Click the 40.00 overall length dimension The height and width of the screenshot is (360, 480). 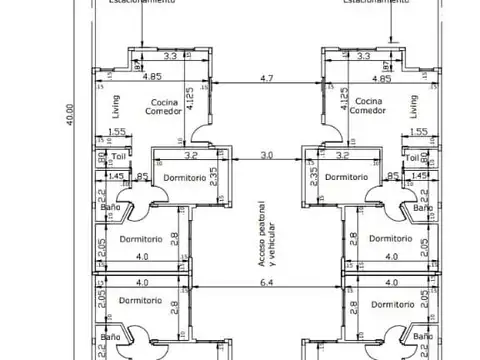[69, 110]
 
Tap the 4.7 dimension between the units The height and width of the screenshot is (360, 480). [265, 77]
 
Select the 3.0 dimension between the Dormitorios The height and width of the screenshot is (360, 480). [266, 156]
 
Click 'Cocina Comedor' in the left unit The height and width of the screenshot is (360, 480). [166, 108]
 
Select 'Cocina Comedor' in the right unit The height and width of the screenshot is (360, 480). [369, 108]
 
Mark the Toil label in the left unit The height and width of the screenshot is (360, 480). [119, 157]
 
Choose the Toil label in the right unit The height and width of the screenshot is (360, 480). [412, 157]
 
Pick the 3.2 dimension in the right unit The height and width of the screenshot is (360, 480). [341, 156]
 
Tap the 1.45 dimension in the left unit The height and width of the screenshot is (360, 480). [117, 176]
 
